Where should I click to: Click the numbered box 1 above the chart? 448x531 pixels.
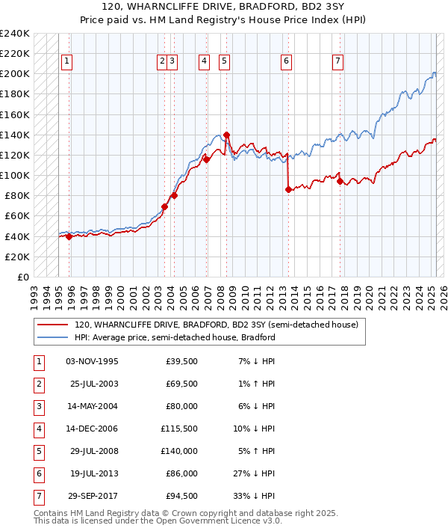[67, 61]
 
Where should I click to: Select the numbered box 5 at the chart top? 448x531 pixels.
[224, 61]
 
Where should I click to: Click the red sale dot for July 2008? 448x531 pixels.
[226, 135]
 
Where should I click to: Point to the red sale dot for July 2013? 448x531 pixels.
[288, 190]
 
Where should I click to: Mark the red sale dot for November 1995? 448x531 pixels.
[69, 236]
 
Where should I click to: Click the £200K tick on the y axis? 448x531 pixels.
[15, 74]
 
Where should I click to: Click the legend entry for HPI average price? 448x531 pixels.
[175, 337]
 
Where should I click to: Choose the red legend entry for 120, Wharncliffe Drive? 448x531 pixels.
[217, 325]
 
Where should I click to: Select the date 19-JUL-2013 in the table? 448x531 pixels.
[93, 473]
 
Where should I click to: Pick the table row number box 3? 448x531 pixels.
[38, 406]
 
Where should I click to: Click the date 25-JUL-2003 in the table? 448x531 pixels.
[93, 384]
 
